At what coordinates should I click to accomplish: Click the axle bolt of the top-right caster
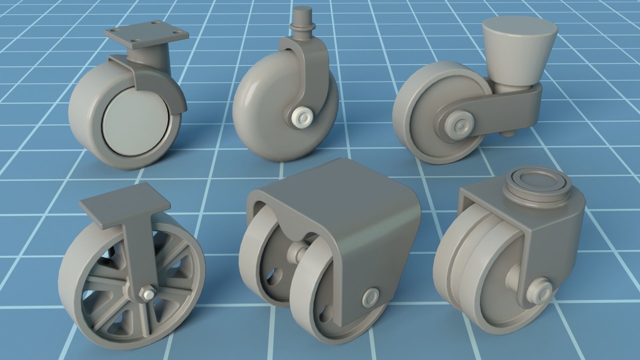pyautogui.click(x=459, y=127)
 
